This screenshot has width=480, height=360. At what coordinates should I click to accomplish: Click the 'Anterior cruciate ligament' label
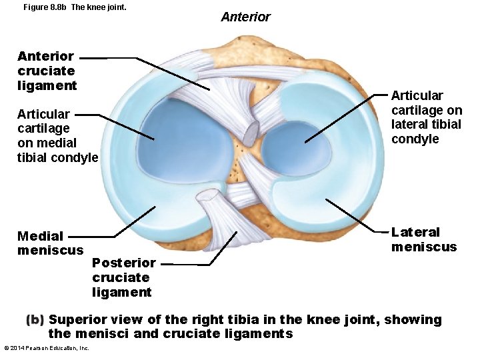(x=47, y=71)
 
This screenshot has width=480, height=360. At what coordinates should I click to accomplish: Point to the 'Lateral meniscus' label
(x=424, y=239)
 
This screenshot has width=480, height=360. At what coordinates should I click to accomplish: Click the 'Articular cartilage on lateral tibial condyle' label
(x=426, y=117)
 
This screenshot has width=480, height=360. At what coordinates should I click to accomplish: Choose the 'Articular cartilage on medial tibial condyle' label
(x=57, y=136)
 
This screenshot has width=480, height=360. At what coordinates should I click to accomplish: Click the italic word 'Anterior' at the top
(x=245, y=17)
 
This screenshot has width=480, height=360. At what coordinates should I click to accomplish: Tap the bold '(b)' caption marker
(x=35, y=320)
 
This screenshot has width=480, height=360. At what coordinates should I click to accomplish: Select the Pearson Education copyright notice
(x=47, y=348)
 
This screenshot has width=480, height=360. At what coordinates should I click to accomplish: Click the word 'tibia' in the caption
(x=234, y=320)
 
